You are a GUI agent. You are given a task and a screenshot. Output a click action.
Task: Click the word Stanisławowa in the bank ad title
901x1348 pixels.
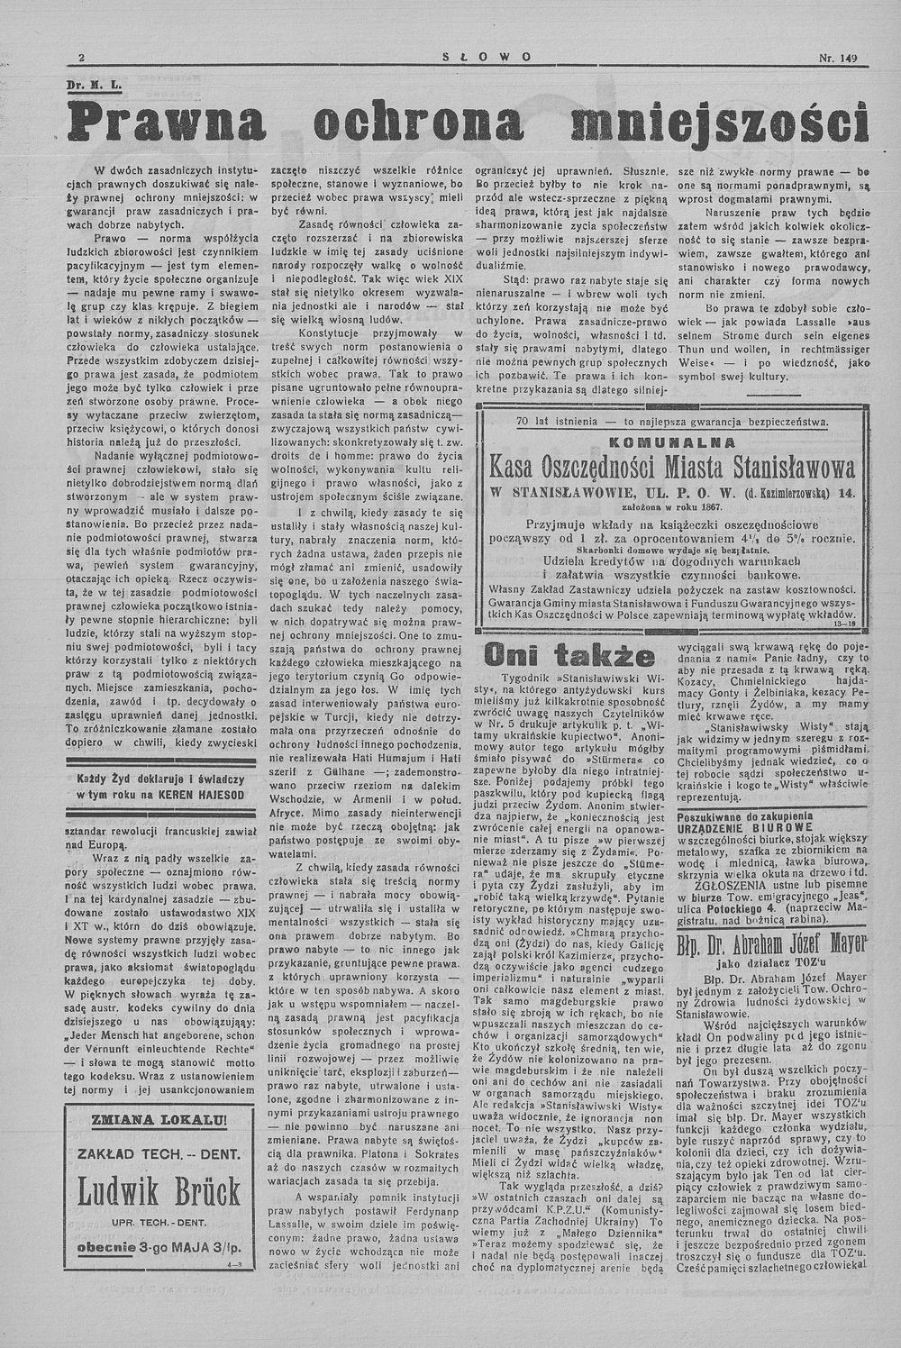point(776,469)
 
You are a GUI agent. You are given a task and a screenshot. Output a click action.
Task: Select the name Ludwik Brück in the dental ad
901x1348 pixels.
point(158,1190)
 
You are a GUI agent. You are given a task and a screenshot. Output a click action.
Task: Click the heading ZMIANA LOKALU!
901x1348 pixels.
point(159,1119)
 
